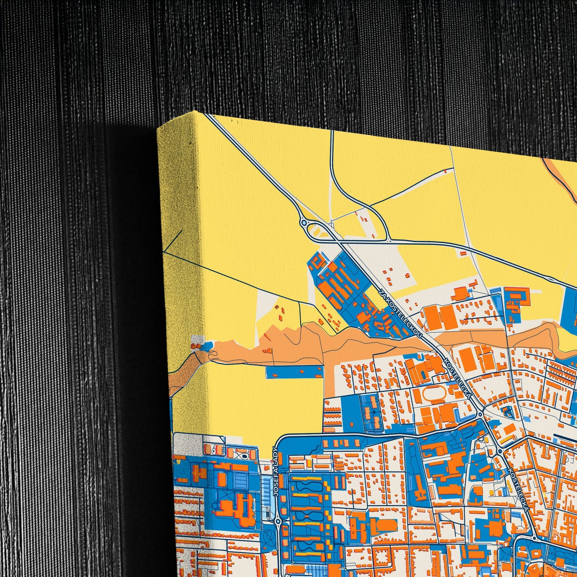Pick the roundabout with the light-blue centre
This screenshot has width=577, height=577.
pos(304,222)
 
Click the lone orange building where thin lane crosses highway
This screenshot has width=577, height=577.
pos(463,253)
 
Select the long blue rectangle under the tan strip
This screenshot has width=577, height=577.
pos(294,372)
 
